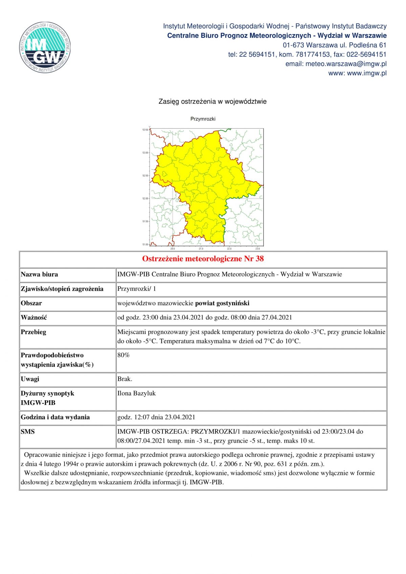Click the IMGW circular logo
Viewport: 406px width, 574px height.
(x=45, y=47)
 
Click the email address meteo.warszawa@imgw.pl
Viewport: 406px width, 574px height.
(x=346, y=64)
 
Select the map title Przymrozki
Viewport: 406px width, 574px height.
(x=203, y=119)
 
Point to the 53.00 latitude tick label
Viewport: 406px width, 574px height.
(x=145, y=153)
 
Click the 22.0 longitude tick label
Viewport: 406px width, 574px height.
(x=229, y=248)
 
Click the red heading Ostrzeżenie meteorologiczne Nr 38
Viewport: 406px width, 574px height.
(x=203, y=259)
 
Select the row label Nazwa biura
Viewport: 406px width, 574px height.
(x=39, y=274)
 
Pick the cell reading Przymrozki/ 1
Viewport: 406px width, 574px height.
(x=137, y=289)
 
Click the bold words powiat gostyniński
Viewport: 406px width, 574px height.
(x=222, y=303)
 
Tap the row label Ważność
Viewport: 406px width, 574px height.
(x=34, y=317)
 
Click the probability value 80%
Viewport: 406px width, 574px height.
(x=123, y=355)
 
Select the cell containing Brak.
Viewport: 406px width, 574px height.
(x=125, y=379)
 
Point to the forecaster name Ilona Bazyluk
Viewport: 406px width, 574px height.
(x=137, y=393)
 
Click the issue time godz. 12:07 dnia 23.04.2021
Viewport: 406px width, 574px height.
(x=156, y=417)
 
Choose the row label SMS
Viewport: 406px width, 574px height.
(x=28, y=432)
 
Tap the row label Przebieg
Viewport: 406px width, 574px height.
(x=33, y=332)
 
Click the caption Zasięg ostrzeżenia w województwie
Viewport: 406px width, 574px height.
(x=212, y=101)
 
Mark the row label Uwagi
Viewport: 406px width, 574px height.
(x=30, y=379)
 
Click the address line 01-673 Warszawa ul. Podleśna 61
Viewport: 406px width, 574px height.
(x=335, y=45)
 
